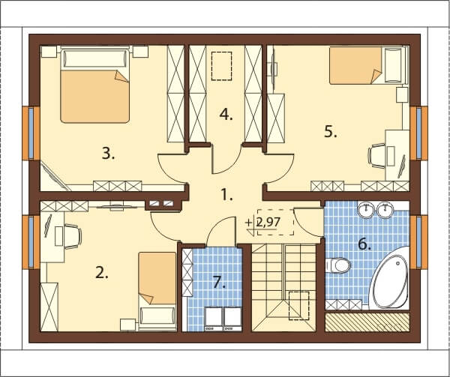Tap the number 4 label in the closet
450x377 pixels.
pyautogui.click(x=226, y=115)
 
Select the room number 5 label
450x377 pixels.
pyautogui.click(x=331, y=132)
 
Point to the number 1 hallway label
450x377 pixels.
pyautogui.click(x=226, y=195)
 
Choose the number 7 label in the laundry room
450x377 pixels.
pyautogui.click(x=219, y=283)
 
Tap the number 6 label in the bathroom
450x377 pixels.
pyautogui.click(x=364, y=244)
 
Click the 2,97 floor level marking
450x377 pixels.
pyautogui.click(x=268, y=222)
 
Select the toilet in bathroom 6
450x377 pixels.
pyautogui.click(x=338, y=265)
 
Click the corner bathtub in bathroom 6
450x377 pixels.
pyautogui.click(x=389, y=278)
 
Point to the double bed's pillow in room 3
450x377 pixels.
pyautogui.click(x=95, y=58)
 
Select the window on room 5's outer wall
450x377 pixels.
pyautogui.click(x=418, y=133)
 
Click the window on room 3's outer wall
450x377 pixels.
pyautogui.click(x=31, y=133)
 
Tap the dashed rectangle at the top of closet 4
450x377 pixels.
pyautogui.click(x=221, y=66)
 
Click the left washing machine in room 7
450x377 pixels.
pyautogui.click(x=214, y=319)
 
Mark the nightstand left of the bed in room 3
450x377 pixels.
pyautogui.click(x=49, y=52)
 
